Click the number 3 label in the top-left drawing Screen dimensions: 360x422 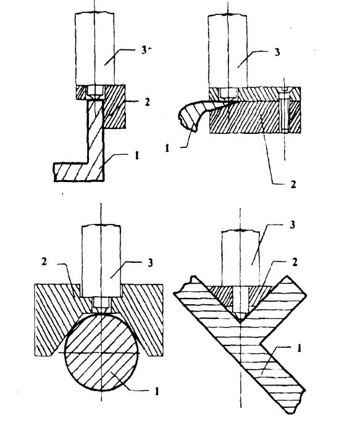tap(144, 50)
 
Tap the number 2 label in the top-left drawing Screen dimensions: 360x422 tap(147, 102)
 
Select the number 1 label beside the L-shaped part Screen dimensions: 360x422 tap(137, 155)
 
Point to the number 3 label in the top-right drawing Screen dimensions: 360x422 tap(277, 52)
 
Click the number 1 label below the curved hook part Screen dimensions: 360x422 tap(167, 147)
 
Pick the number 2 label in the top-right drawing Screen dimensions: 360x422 tap(293, 184)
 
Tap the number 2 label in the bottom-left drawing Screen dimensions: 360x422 tap(44, 262)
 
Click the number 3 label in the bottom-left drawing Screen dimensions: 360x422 tap(150, 263)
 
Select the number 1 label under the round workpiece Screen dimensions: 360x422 tap(157, 391)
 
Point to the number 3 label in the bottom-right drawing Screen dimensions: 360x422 tap(292, 225)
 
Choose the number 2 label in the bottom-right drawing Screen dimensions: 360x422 tap(295, 262)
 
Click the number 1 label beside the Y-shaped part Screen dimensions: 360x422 tap(299, 348)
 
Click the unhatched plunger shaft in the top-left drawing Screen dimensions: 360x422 tap(94, 49)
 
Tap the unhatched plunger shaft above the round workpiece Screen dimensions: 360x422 tap(101, 260)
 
